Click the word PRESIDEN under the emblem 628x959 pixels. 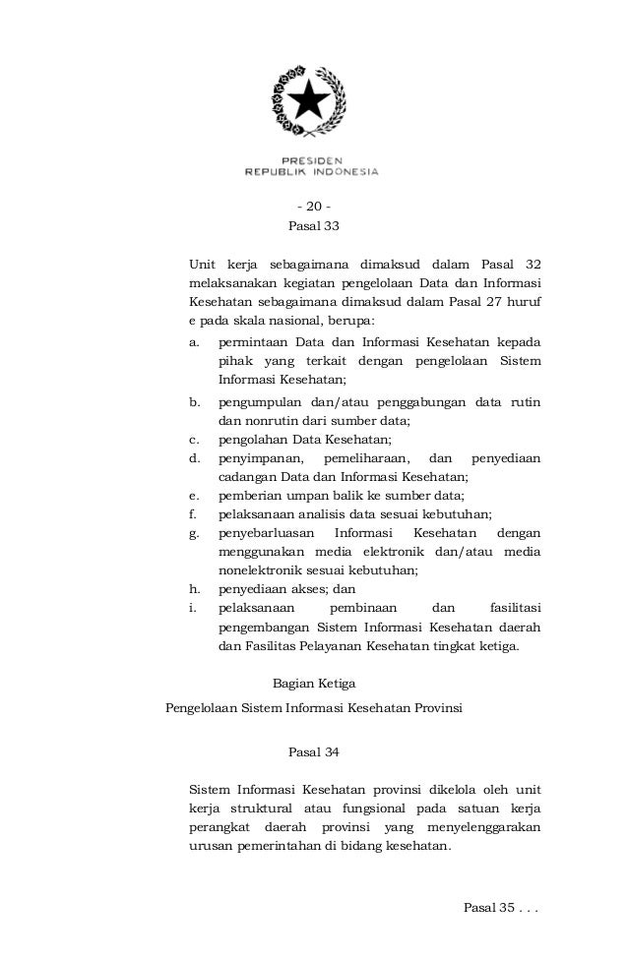pyautogui.click(x=312, y=160)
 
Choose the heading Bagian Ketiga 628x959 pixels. pyautogui.click(x=313, y=683)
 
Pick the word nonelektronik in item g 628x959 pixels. pyautogui.click(x=261, y=570)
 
